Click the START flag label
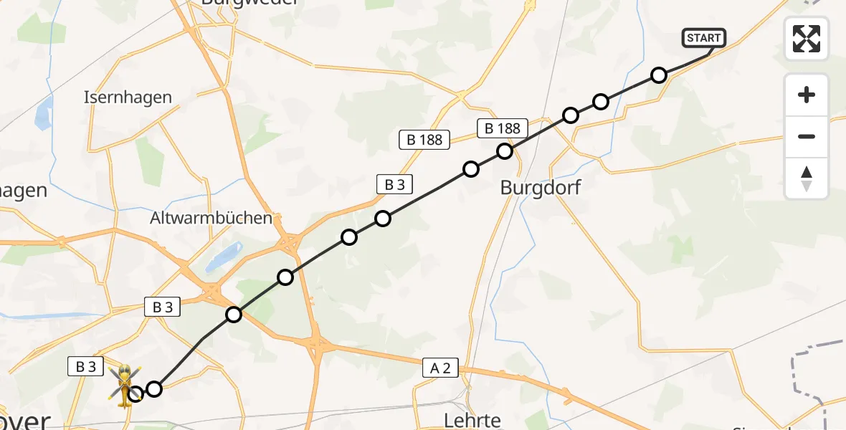pos(705,38)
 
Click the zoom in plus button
pos(807,95)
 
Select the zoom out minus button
pos(807,136)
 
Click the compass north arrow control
pos(807,178)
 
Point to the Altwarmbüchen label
pos(211,218)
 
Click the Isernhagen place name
pos(128,97)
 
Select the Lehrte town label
pos(472,419)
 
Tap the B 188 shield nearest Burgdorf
pos(502,128)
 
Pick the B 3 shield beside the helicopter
pos(85,366)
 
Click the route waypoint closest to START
pos(659,75)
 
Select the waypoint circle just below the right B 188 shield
pos(505,151)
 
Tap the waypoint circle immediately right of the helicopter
pos(154,389)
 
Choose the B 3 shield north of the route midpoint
pos(394,184)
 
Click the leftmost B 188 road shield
pos(424,140)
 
